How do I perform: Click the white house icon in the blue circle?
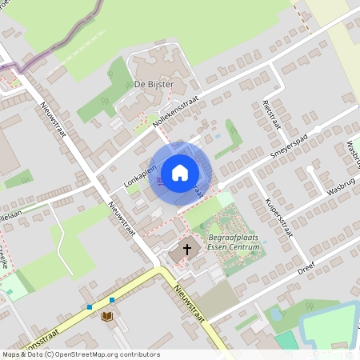click(180, 172)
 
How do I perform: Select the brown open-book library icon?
click(108, 318)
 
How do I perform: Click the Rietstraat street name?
click(272, 116)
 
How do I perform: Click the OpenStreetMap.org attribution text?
click(104, 354)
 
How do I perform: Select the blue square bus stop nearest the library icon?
click(112, 300)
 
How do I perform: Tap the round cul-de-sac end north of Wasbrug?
click(318, 128)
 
